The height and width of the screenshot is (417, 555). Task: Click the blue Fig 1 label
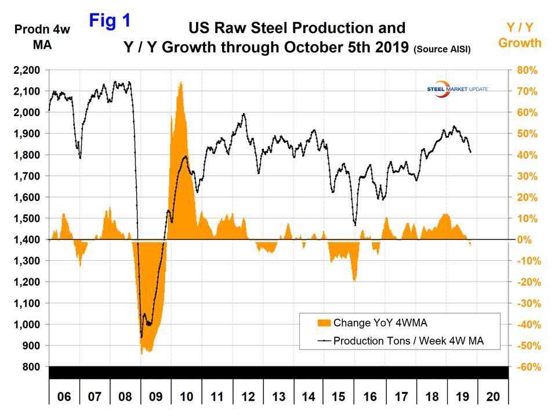[x=110, y=21]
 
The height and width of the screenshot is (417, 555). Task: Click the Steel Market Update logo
[x=456, y=89]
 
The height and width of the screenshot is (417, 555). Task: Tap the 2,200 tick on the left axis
[x=27, y=70]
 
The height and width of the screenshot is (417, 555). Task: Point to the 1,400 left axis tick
[x=27, y=240]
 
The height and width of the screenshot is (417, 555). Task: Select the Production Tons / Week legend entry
[x=408, y=341]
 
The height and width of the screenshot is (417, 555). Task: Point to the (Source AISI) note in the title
[x=441, y=51]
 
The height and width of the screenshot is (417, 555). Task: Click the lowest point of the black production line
[x=141, y=337]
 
